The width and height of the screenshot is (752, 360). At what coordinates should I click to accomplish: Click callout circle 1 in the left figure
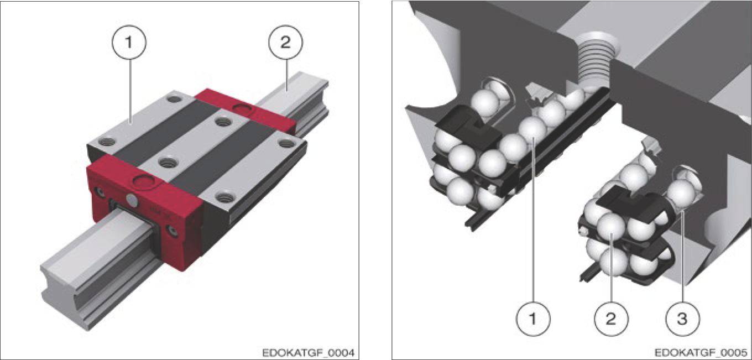tap(129, 43)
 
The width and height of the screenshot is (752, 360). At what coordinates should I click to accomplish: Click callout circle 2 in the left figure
tap(285, 43)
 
